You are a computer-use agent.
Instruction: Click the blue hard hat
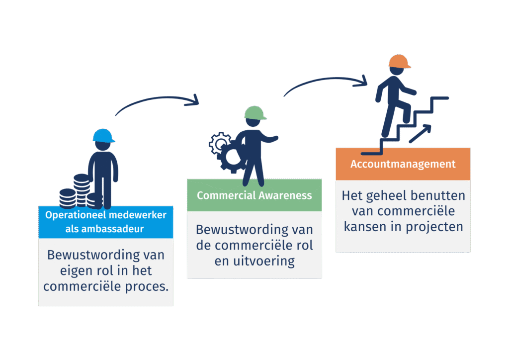(x=103, y=136)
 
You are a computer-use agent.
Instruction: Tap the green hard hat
(x=254, y=113)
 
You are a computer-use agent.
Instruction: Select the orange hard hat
(x=400, y=62)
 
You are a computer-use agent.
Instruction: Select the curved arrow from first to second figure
(x=157, y=102)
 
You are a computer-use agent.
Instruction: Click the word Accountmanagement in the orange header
(x=403, y=164)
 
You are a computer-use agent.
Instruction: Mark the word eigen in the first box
(x=65, y=270)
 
